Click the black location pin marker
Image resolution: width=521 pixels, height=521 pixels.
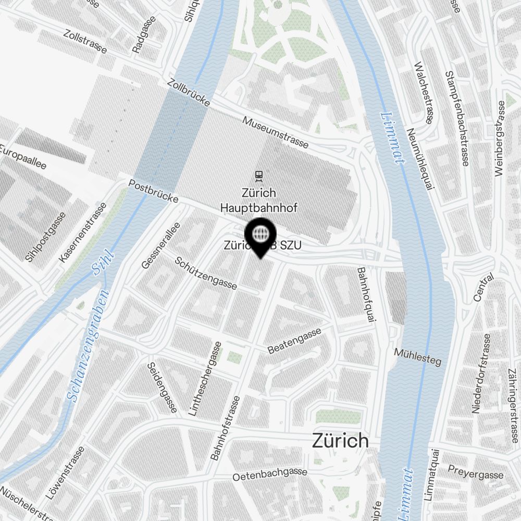[x=260, y=237]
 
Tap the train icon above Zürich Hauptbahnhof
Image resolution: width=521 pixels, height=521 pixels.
[x=258, y=175]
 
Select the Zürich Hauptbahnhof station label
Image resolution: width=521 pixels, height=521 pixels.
[x=258, y=200]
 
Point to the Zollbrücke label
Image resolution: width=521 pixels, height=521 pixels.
[x=189, y=93]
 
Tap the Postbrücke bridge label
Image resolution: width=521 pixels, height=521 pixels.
[x=154, y=192]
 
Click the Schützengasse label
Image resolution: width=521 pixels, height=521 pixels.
[x=206, y=273]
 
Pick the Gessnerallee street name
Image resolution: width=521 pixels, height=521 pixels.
[x=161, y=245]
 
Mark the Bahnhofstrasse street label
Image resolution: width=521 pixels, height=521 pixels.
[x=226, y=428]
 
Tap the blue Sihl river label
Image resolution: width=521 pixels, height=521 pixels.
[x=102, y=262]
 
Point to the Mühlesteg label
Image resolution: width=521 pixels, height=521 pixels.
[x=417, y=356]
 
